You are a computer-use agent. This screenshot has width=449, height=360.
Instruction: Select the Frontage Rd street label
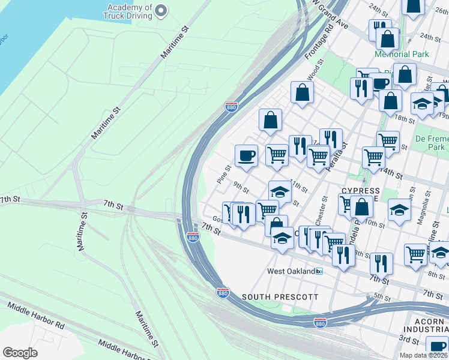(x=319, y=46)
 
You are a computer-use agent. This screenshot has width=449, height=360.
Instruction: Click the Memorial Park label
(x=402, y=54)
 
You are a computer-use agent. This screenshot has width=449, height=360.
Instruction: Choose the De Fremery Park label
(x=431, y=143)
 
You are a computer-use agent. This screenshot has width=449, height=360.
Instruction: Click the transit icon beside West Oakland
(x=320, y=271)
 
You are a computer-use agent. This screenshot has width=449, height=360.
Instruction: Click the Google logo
(x=20, y=352)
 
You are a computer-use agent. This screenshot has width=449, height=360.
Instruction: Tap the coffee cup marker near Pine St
(x=246, y=157)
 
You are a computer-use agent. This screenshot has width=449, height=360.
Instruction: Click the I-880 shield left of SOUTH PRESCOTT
(x=222, y=292)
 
